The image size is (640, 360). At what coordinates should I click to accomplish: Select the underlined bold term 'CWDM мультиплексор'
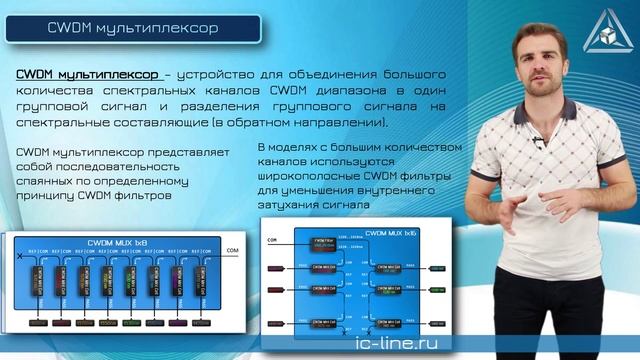(84, 74)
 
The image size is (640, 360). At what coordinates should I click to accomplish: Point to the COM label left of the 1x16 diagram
(271, 241)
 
